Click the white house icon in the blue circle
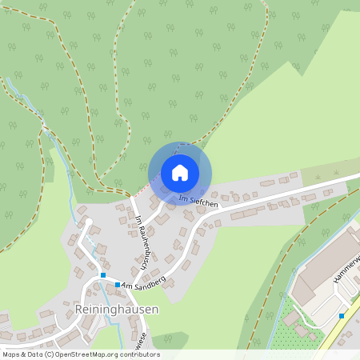180,173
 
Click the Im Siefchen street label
198,200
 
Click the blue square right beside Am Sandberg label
117,285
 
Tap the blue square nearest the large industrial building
342,316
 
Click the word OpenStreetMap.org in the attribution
88,354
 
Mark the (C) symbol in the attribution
50,354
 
